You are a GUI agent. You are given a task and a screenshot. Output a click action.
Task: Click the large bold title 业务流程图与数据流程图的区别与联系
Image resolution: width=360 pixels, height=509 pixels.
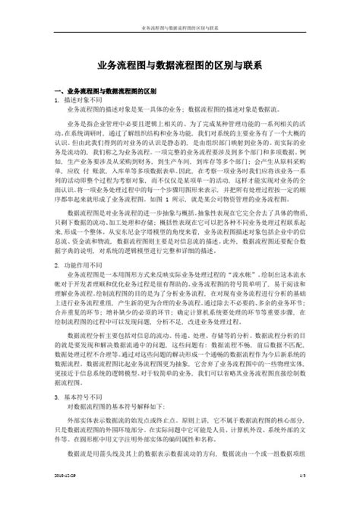180,67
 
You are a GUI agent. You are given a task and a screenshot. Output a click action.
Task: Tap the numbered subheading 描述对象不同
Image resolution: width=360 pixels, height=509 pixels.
85,100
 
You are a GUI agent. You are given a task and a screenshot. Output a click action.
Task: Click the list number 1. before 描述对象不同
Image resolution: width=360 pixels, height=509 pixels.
58,100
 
